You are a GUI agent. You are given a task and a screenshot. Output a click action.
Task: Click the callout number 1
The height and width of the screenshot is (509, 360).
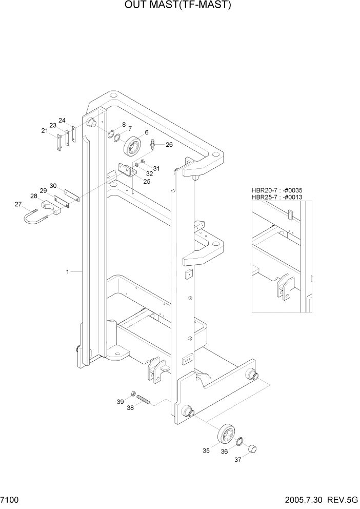click(67, 271)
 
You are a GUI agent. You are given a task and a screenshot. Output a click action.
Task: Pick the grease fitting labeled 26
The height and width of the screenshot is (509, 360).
click(153, 146)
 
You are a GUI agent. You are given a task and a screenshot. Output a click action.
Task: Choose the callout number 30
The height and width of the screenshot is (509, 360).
click(53, 186)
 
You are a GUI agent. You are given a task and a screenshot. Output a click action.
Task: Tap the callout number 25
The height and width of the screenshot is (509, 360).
click(147, 182)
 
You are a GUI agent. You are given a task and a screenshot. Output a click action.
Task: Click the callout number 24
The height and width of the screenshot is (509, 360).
click(62, 121)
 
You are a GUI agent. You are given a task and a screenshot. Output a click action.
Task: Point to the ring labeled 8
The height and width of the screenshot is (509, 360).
click(110, 135)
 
